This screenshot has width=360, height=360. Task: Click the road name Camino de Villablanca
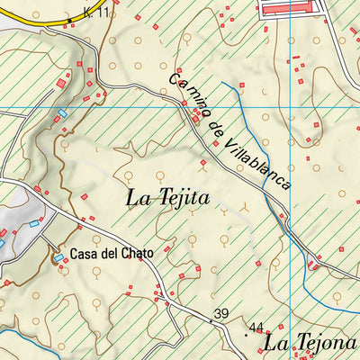230,130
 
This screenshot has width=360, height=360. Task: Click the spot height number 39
220,313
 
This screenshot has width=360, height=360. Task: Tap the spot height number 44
256,328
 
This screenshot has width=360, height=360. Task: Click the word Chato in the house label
138,254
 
